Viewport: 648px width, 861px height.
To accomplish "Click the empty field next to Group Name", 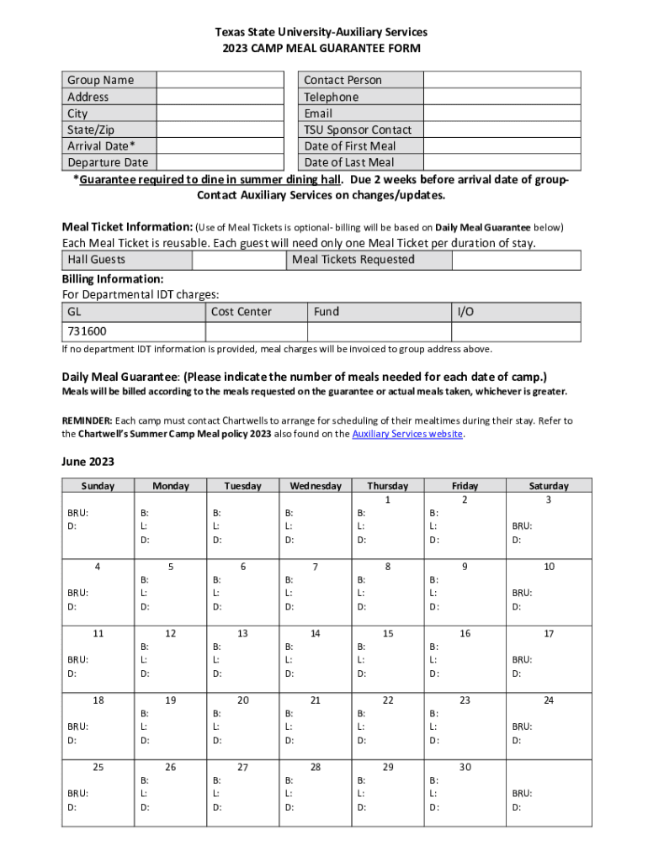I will point(220,80).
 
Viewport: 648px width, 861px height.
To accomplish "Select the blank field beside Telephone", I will point(502,97).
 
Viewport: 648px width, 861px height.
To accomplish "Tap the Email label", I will point(318,114).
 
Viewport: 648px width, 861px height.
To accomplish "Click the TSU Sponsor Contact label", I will point(358,129).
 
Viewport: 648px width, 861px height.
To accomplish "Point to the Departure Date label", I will point(108,162).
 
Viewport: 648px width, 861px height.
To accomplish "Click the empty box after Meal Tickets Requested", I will point(516,260).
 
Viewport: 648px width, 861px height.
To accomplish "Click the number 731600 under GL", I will point(88,332).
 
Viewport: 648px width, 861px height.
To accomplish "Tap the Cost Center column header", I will point(242,312).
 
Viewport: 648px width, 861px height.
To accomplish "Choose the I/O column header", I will point(465,312).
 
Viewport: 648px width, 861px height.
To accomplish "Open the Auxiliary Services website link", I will point(407,435).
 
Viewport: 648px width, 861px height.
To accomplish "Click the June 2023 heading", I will point(88,462).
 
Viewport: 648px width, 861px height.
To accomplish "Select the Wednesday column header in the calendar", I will point(316,486).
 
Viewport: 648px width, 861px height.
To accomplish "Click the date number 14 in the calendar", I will point(316,633).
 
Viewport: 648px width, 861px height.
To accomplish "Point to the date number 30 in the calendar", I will point(465,767).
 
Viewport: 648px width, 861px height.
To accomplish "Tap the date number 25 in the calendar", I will point(98,767).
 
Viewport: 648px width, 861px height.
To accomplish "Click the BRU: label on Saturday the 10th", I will point(522,593).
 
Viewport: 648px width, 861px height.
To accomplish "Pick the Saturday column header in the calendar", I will point(548,486).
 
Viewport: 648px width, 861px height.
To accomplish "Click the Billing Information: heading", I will point(113,279).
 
